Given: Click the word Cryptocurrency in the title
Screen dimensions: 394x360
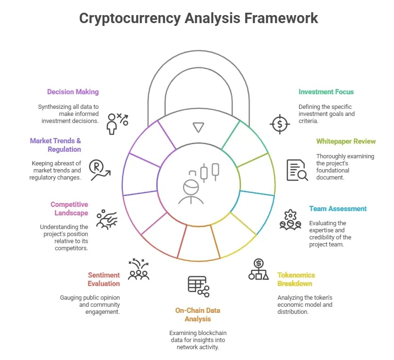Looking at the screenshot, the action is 129,18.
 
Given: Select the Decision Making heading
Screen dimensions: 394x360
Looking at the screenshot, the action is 73,92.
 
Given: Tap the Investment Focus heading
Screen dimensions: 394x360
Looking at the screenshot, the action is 326,92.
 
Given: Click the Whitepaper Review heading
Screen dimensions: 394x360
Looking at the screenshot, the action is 346,141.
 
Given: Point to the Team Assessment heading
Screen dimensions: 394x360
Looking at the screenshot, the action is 338,209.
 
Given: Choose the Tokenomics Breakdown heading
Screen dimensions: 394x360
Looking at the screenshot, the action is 296,279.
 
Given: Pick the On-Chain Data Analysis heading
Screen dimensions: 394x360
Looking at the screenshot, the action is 198,314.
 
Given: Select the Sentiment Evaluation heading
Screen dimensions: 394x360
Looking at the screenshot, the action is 104,279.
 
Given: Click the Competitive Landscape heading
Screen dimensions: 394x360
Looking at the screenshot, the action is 69,209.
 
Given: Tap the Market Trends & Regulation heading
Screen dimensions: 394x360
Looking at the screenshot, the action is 56,145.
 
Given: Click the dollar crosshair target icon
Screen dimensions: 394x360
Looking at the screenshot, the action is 280,124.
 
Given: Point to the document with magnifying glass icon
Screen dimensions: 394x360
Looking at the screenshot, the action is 297,170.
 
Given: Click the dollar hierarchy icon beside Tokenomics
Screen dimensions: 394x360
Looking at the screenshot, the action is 258,269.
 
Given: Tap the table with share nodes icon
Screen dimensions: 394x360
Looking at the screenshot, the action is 199,286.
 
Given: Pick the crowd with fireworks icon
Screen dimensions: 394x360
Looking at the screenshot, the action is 139,269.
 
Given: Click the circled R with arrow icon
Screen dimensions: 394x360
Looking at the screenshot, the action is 100,170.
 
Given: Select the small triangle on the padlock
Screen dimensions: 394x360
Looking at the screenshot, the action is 198,127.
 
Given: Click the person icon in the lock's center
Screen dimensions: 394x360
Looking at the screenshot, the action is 191,192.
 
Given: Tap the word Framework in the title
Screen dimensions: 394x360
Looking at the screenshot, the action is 281,18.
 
